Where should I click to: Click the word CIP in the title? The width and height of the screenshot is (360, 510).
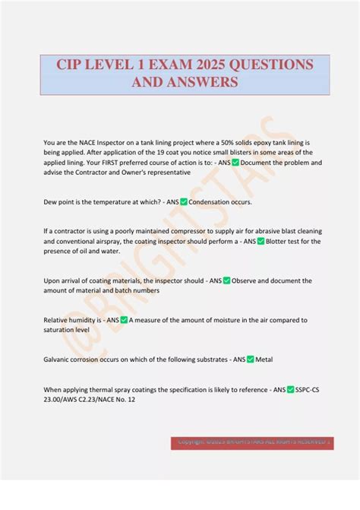point(72,65)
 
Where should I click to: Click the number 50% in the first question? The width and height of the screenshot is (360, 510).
point(236,142)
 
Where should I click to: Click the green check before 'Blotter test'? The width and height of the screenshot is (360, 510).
point(261,242)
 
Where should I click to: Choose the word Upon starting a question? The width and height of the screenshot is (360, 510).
point(53,281)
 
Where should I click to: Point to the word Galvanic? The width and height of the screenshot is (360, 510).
point(60,360)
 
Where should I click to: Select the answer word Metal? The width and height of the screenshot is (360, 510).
point(264,360)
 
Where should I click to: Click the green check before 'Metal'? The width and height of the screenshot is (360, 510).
point(250,360)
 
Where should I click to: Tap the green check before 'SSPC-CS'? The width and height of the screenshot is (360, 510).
point(290,389)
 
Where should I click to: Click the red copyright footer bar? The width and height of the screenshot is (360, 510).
point(251,442)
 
